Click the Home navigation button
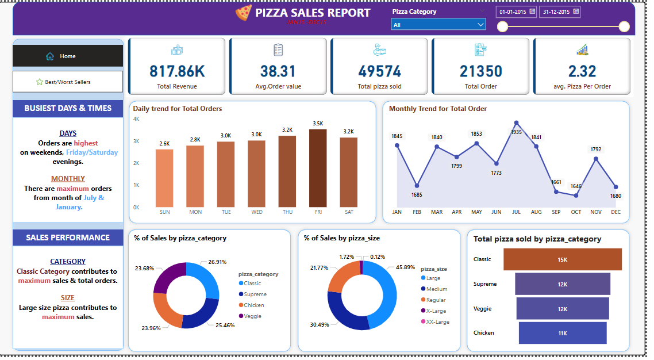pos(68,56)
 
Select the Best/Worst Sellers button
pos(68,82)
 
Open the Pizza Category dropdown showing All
pos(438,25)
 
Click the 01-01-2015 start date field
pos(517,12)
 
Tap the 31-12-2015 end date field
pos(559,12)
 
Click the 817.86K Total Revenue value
pos(177,71)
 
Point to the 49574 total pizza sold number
pos(379,71)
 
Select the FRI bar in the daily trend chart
pos(318,168)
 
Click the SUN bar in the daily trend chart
pos(164,178)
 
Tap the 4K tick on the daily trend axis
pos(136,119)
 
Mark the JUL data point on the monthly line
pos(517,122)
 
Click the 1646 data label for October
pos(576,186)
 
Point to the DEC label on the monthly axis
pos(616,212)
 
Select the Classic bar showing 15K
pos(563,259)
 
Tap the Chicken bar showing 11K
pos(563,333)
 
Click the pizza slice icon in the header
pos(244,13)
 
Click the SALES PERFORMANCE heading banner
pos(68,238)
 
